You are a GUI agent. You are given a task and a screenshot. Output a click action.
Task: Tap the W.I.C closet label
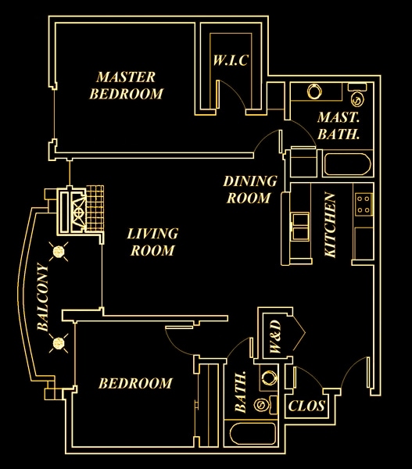point(231,61)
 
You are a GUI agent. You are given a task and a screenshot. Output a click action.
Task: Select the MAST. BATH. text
point(339,126)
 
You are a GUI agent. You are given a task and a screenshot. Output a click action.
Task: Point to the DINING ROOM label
point(250,189)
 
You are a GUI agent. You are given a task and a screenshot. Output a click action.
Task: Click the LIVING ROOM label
point(152,242)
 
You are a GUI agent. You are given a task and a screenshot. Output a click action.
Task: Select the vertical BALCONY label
point(41,298)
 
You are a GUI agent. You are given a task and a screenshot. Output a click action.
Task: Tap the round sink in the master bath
point(314,91)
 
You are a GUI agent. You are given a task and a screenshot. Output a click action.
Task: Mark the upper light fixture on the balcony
point(58,250)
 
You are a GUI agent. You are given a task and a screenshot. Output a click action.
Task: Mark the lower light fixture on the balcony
point(57,342)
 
